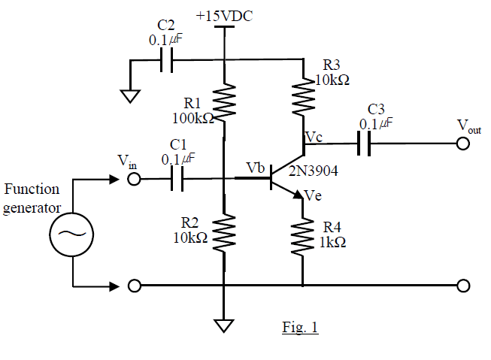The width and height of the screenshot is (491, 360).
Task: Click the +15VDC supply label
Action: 224,14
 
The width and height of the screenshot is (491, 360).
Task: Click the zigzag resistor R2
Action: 225,232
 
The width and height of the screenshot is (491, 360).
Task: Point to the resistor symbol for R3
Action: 302,95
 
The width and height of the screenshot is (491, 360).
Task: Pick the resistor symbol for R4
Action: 302,236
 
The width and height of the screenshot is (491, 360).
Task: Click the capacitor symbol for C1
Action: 178,179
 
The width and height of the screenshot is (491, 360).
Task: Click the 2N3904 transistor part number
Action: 317,171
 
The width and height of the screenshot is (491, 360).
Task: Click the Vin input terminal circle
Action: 134,179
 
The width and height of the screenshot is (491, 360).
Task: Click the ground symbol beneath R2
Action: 224,325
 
